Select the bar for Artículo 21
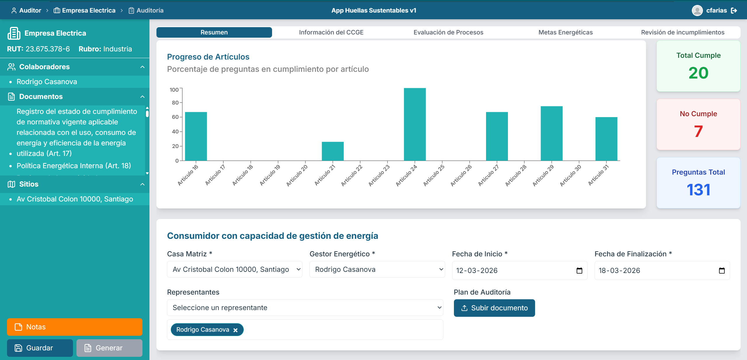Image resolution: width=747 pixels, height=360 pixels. pyautogui.click(x=332, y=151)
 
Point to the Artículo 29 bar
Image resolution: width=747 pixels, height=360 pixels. pyautogui.click(x=551, y=133)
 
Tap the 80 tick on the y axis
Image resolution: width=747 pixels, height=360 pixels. pyautogui.click(x=175, y=103)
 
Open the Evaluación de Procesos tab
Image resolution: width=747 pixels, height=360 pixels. pyautogui.click(x=448, y=32)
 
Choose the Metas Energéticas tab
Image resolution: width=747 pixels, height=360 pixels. pyautogui.click(x=565, y=32)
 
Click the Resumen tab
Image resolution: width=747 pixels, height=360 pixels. pyautogui.click(x=214, y=32)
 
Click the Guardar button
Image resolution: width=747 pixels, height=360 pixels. pyautogui.click(x=40, y=348)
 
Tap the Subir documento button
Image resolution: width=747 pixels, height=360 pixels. pyautogui.click(x=494, y=308)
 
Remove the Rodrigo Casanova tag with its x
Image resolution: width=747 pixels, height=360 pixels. pyautogui.click(x=236, y=330)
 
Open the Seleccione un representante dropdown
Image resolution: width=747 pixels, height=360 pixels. pyautogui.click(x=305, y=308)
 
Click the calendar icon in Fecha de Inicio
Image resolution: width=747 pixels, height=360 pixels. pyautogui.click(x=579, y=271)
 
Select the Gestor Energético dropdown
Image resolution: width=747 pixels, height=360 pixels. pyautogui.click(x=377, y=269)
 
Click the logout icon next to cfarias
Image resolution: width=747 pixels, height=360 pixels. pyautogui.click(x=734, y=11)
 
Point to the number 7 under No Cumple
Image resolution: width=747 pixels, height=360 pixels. pyautogui.click(x=698, y=131)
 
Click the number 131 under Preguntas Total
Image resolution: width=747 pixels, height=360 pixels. pyautogui.click(x=698, y=190)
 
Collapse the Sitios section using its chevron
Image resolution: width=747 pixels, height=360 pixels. pyautogui.click(x=142, y=184)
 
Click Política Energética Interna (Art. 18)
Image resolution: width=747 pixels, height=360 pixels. pyautogui.click(x=74, y=166)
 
